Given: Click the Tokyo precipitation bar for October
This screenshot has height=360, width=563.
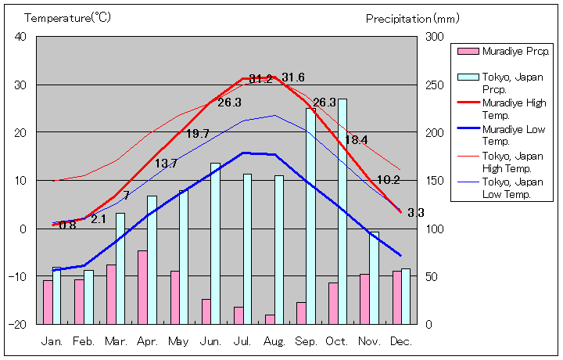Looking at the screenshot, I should coord(342,211).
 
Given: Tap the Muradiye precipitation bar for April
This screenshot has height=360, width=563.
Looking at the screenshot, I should coord(142,287).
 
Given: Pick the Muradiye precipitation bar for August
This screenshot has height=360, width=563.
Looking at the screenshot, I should coord(270,319).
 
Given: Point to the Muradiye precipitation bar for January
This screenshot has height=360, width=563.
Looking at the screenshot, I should coord(48,302).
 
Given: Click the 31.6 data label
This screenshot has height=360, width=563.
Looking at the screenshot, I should coord(293,77).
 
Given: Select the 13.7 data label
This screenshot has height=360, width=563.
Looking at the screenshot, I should coord(166,164).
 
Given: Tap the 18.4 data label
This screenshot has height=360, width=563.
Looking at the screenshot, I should coord(356,140).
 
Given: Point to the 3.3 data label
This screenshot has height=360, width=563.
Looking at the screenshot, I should coord(416,212).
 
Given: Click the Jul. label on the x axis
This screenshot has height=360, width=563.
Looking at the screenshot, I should coord(242,341).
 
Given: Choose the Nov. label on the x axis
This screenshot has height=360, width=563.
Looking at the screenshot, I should coord(369,341).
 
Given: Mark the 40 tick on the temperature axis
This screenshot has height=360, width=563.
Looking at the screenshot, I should coord(20,37).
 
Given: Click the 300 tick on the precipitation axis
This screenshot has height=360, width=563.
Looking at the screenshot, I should coord(434,37).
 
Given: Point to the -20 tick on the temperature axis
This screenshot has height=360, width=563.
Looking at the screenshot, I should coord(18,324).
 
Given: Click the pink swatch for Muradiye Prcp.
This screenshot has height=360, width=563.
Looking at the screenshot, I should coord(468,52).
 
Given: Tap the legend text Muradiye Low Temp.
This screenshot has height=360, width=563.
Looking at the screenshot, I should coord(514,135).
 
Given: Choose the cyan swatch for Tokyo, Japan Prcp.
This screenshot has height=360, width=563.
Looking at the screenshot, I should coord(468,78).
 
